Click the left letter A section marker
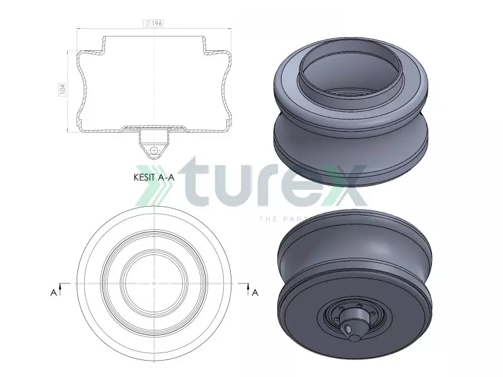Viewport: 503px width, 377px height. [53, 292]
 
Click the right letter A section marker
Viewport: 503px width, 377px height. [255, 292]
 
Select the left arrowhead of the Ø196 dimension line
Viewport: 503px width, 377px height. [79, 28]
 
